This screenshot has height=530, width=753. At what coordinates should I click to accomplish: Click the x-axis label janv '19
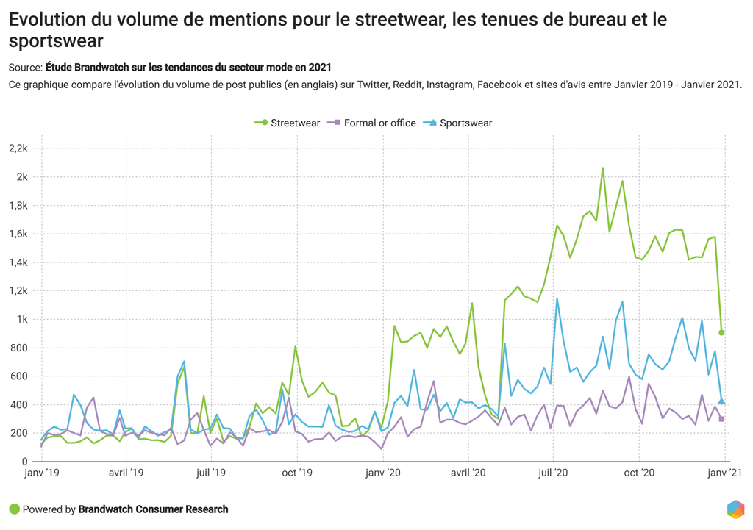(42, 474)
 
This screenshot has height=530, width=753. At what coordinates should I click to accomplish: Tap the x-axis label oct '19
(297, 474)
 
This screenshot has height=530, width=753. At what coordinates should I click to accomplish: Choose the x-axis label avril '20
(468, 474)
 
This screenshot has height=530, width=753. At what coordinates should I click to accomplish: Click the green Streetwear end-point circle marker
(722, 333)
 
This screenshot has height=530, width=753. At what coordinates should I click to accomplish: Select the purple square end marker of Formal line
(722, 419)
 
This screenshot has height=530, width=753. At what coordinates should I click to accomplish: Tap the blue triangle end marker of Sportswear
(722, 401)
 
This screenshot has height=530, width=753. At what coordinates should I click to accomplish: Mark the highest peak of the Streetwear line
(603, 168)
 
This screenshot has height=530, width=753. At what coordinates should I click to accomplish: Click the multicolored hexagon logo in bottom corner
(735, 509)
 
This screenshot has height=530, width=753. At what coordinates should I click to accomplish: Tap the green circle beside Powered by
(14, 509)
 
